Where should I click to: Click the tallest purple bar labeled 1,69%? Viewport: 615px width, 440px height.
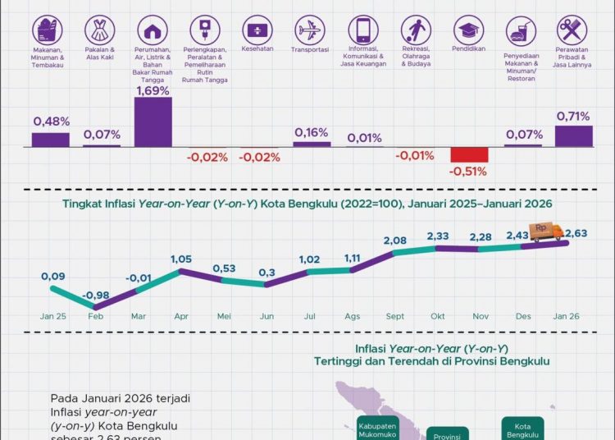click(x=153, y=121)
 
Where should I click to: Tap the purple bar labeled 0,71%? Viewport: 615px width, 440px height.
click(x=573, y=136)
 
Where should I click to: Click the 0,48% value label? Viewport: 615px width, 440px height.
click(x=50, y=121)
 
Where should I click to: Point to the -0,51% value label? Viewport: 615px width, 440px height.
click(x=468, y=172)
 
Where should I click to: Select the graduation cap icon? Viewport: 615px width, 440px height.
click(x=468, y=31)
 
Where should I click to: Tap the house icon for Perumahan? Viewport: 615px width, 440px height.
click(x=153, y=31)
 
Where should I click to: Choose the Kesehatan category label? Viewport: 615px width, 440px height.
click(x=257, y=49)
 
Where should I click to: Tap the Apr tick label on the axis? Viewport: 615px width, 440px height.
click(x=180, y=315)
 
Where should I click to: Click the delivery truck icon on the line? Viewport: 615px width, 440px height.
click(x=545, y=232)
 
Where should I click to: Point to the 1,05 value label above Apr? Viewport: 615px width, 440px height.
click(x=181, y=259)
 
